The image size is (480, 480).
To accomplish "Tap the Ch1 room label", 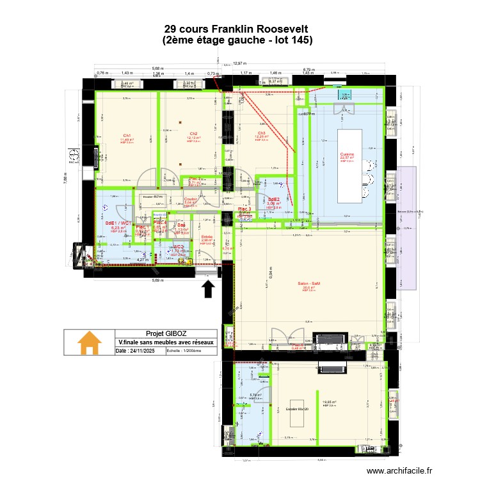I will click(x=127, y=136).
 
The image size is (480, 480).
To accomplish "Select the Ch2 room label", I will click(x=192, y=134).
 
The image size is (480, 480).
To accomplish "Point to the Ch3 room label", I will click(x=262, y=133).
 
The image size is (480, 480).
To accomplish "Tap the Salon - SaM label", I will click(x=308, y=284).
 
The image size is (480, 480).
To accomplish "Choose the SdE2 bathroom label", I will click(x=274, y=199).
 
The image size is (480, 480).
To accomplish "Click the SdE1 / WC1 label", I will click(x=119, y=223).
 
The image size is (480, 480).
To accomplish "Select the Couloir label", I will click(x=190, y=199).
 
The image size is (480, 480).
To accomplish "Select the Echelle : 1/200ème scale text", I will click(x=184, y=351).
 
